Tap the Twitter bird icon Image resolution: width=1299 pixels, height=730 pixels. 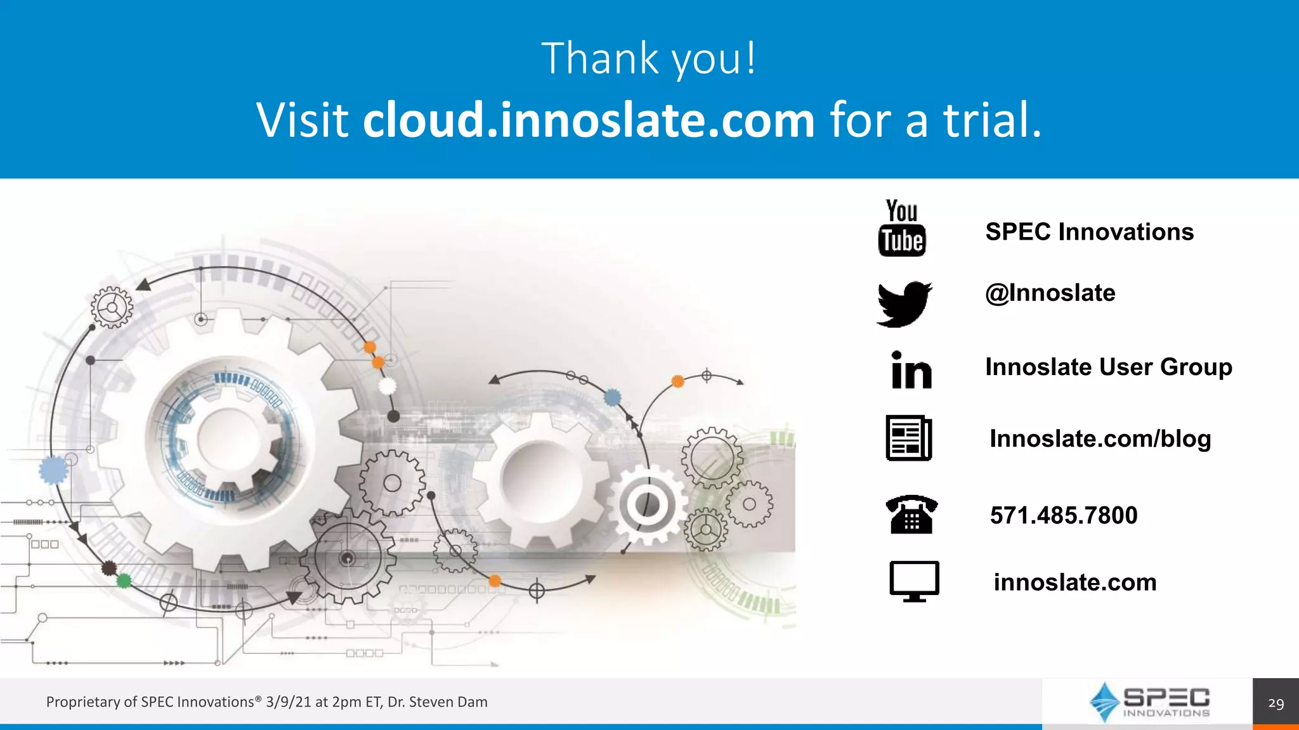904,304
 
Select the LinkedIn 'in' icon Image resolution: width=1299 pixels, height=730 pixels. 911,370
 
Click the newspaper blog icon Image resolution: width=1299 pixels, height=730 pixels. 908,438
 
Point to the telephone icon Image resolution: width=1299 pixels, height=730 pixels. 911,514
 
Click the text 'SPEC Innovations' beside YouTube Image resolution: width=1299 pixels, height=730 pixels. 1089,232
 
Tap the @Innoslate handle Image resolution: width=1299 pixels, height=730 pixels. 1050,293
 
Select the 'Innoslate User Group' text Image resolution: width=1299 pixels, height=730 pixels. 1108,367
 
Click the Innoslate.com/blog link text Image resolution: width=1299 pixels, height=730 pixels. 1100,439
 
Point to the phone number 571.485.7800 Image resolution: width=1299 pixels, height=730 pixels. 1064,515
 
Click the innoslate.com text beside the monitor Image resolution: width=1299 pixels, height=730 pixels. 1075,582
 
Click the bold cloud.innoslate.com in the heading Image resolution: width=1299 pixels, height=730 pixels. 588,120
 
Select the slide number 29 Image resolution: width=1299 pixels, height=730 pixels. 1276,703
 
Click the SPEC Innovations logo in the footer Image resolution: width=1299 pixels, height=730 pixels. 1149,702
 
